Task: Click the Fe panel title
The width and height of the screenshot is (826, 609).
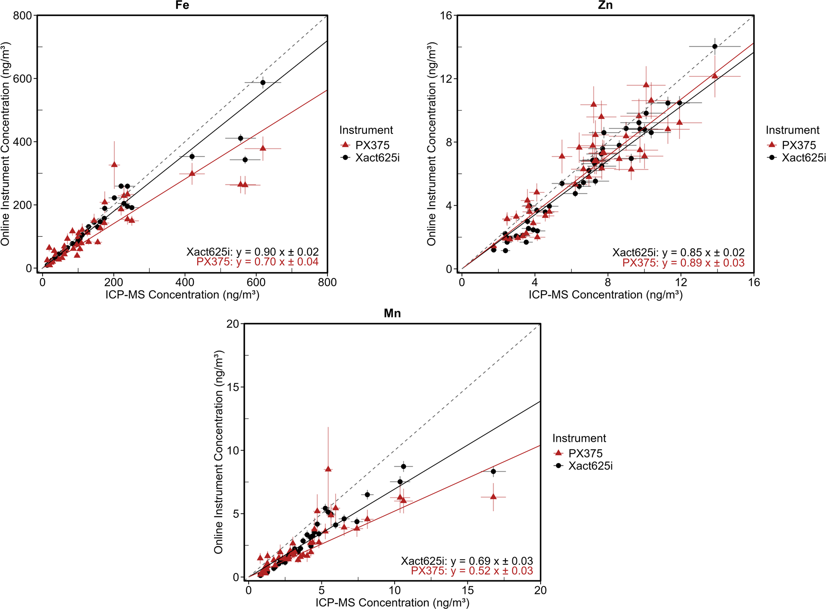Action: coord(182,5)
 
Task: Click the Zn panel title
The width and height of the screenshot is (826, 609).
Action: coord(605,5)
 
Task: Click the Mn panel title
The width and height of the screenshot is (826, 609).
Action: coord(392,314)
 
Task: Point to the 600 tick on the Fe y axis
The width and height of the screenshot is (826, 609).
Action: coord(23,79)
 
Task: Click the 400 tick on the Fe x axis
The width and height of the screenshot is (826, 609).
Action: coord(185,282)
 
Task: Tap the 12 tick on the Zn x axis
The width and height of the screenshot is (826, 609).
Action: coord(681,282)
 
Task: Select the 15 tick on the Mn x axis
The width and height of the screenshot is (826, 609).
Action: coord(468,590)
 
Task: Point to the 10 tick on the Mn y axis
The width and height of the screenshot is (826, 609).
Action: coord(233,450)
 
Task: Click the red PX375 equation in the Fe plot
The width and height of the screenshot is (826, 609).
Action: coord(257,262)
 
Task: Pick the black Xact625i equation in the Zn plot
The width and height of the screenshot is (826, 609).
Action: coord(678,252)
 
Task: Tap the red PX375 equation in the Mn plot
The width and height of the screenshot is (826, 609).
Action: coord(471,571)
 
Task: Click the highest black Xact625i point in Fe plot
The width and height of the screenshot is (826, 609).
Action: coord(263,83)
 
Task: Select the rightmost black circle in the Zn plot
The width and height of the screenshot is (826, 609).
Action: coord(715,47)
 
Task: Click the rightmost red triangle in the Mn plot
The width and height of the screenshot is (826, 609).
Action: coord(493,497)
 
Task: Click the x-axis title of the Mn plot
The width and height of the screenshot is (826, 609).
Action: coord(392,602)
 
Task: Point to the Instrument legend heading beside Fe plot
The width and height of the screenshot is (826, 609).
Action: coord(366,130)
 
